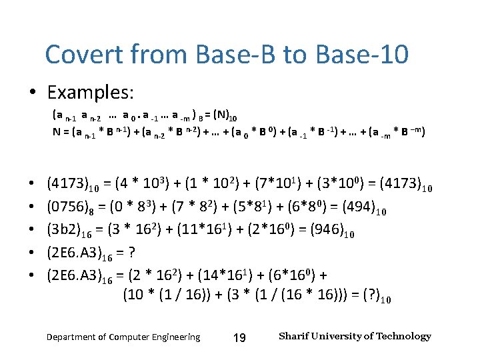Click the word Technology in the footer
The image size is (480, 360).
click(403, 336)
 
